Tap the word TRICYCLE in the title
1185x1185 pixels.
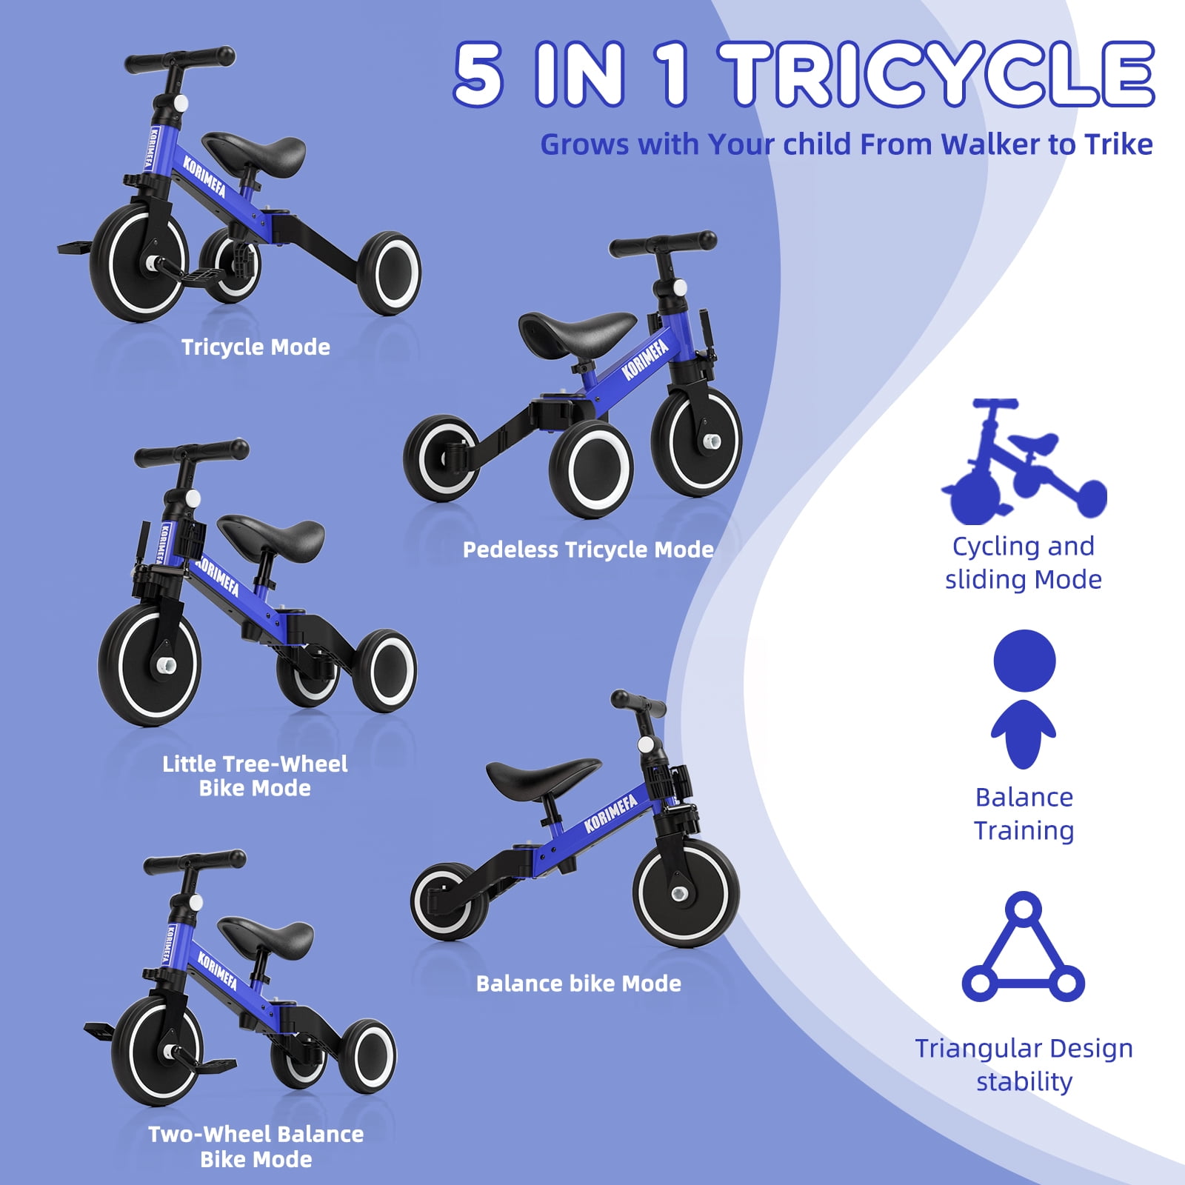coord(941,74)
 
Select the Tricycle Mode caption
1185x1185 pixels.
coord(256,347)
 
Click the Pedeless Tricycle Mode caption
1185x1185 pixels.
coord(588,550)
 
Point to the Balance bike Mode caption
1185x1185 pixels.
coord(578,984)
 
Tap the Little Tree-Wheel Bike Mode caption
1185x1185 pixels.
coord(255,775)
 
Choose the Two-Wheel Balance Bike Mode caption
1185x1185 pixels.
coord(256,1146)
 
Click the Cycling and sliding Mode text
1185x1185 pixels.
coord(1023,563)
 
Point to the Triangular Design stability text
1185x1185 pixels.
coord(1024,1064)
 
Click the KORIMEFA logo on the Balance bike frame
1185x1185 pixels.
coord(610,814)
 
